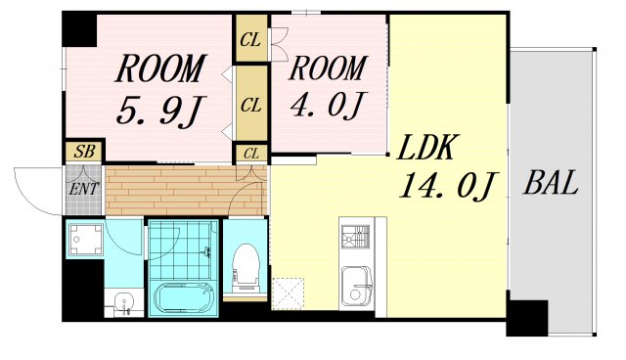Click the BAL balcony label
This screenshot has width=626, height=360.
click(x=551, y=183)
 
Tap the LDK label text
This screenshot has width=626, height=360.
click(x=426, y=147)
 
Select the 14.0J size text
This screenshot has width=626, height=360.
click(x=448, y=186)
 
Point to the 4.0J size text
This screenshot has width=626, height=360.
click(x=328, y=105)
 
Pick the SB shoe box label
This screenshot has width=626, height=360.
click(x=85, y=152)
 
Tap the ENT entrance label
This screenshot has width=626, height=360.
click(x=83, y=189)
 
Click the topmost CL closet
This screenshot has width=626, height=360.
click(x=250, y=39)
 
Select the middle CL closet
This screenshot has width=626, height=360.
click(x=250, y=105)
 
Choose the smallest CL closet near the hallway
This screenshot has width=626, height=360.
click(x=251, y=154)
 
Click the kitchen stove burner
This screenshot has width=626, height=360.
click(x=355, y=237)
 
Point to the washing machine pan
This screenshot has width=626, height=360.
click(x=85, y=240)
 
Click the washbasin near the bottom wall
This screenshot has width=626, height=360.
click(x=124, y=303)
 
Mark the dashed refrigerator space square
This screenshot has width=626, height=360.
click(x=288, y=293)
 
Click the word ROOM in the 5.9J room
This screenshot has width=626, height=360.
click(x=160, y=68)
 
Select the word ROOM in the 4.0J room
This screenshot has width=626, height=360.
click(x=328, y=68)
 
